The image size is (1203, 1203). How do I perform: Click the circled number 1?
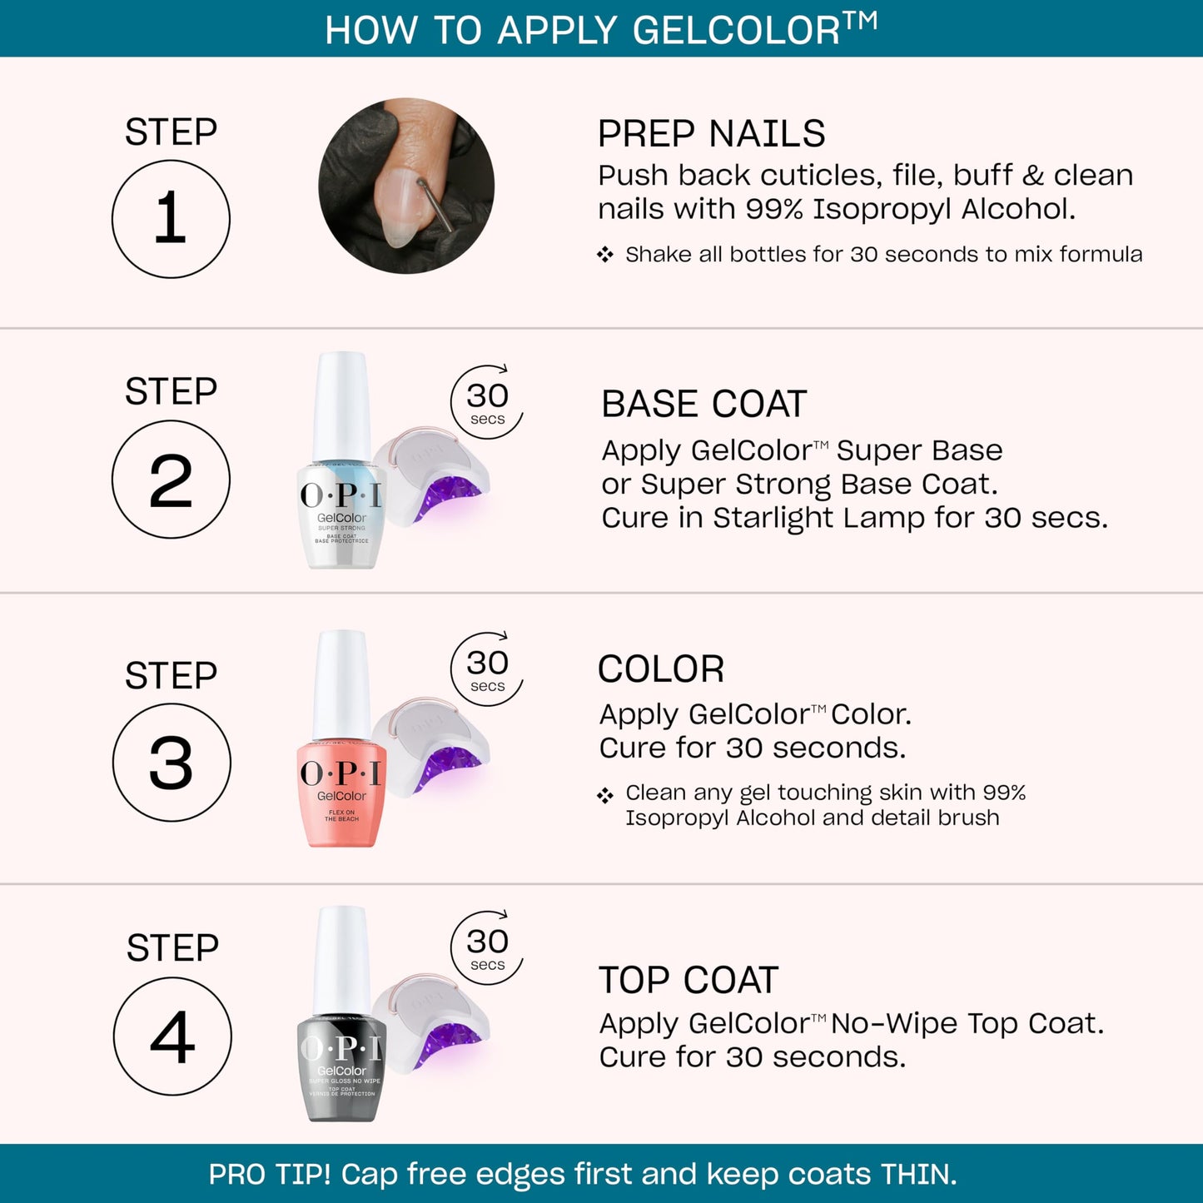(x=171, y=219)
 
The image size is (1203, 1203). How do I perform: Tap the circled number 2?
(x=171, y=480)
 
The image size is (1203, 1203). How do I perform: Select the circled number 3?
(x=172, y=763)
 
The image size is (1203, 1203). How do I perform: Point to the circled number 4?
(x=172, y=1036)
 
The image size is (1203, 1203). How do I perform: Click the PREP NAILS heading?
(x=711, y=134)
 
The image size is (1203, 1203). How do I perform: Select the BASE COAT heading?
(x=703, y=405)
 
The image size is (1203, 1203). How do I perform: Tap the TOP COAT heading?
(x=688, y=981)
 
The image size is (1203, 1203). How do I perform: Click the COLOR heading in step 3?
(x=661, y=669)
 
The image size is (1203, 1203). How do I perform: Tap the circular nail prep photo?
(x=406, y=186)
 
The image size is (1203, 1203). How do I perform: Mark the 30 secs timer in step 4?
(x=487, y=947)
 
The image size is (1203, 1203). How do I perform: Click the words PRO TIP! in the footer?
(x=269, y=1175)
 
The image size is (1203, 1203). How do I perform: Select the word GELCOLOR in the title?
(x=736, y=31)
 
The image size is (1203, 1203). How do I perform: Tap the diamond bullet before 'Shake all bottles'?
(x=605, y=255)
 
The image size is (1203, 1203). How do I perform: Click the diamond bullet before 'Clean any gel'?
(x=605, y=796)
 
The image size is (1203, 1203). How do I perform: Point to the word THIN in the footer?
(x=916, y=1175)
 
